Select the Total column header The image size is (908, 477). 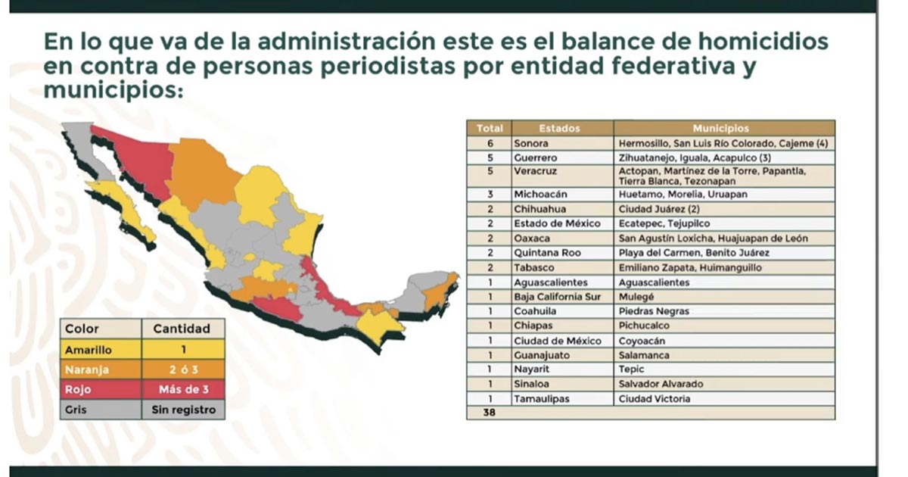click(x=490, y=129)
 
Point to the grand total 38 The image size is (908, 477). click(x=489, y=413)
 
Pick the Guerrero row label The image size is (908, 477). click(x=536, y=158)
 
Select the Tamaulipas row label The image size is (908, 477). click(x=542, y=399)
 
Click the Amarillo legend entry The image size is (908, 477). click(x=89, y=351)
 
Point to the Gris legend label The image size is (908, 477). click(x=76, y=410)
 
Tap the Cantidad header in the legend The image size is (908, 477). click(x=181, y=329)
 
